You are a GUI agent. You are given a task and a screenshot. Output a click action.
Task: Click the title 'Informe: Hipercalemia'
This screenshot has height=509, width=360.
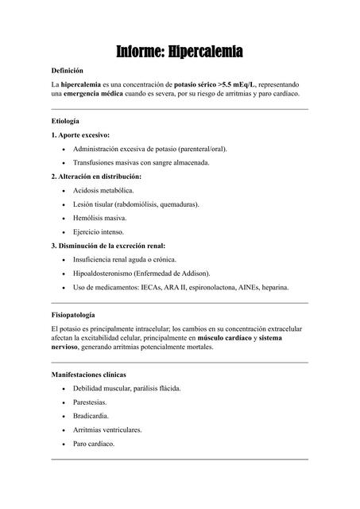180,52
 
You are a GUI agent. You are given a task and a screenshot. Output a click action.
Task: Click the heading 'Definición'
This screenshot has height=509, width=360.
68,71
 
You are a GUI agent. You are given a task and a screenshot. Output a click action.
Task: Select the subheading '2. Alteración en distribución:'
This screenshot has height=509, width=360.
96,176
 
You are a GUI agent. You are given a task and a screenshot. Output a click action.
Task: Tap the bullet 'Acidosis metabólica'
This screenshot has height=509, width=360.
103,190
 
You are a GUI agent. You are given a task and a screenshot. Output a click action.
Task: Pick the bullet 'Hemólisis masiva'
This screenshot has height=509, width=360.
99,217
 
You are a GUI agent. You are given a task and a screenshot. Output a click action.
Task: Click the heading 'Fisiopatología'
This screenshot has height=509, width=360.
73,315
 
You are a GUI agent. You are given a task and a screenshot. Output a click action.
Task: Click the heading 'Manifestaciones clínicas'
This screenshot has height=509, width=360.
88,374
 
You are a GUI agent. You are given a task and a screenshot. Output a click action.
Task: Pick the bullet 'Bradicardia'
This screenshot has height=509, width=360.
91,415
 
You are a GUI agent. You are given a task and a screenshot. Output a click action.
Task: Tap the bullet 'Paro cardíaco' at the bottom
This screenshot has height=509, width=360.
94,443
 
